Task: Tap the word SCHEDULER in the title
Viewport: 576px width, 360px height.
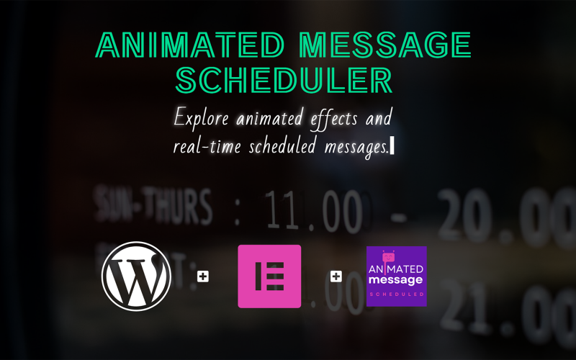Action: tap(284, 80)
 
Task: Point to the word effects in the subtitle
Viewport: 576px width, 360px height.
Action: tap(328, 117)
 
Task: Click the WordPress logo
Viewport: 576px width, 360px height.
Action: tap(136, 276)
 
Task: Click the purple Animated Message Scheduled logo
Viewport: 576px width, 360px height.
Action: tap(397, 276)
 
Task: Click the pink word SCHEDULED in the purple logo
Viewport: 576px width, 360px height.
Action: tap(397, 294)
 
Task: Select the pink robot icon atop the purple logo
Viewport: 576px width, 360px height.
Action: tap(389, 255)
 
